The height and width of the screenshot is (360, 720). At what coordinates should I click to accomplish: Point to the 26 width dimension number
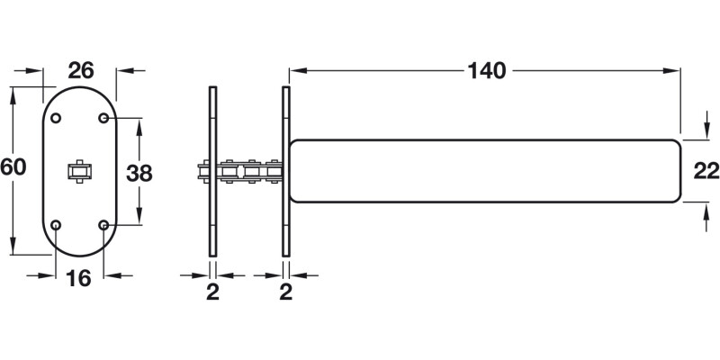tap(82, 70)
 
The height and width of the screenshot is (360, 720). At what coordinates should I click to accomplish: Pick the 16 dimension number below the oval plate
tap(80, 279)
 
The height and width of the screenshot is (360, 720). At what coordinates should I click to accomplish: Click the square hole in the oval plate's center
tap(80, 171)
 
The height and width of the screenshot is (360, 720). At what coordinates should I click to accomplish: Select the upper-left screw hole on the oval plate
tap(56, 119)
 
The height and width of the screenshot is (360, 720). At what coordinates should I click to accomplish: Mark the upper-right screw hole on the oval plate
tap(104, 119)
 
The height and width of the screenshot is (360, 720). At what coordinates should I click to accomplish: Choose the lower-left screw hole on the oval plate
tap(56, 224)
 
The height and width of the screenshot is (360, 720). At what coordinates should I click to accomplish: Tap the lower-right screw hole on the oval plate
tap(104, 224)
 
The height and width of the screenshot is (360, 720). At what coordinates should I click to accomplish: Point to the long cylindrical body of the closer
tap(486, 171)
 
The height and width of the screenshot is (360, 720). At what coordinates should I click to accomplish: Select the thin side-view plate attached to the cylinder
tap(286, 171)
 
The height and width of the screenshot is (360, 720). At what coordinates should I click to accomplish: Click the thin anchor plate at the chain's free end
tap(212, 171)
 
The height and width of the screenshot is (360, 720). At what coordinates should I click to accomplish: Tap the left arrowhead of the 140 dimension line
tap(293, 70)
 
